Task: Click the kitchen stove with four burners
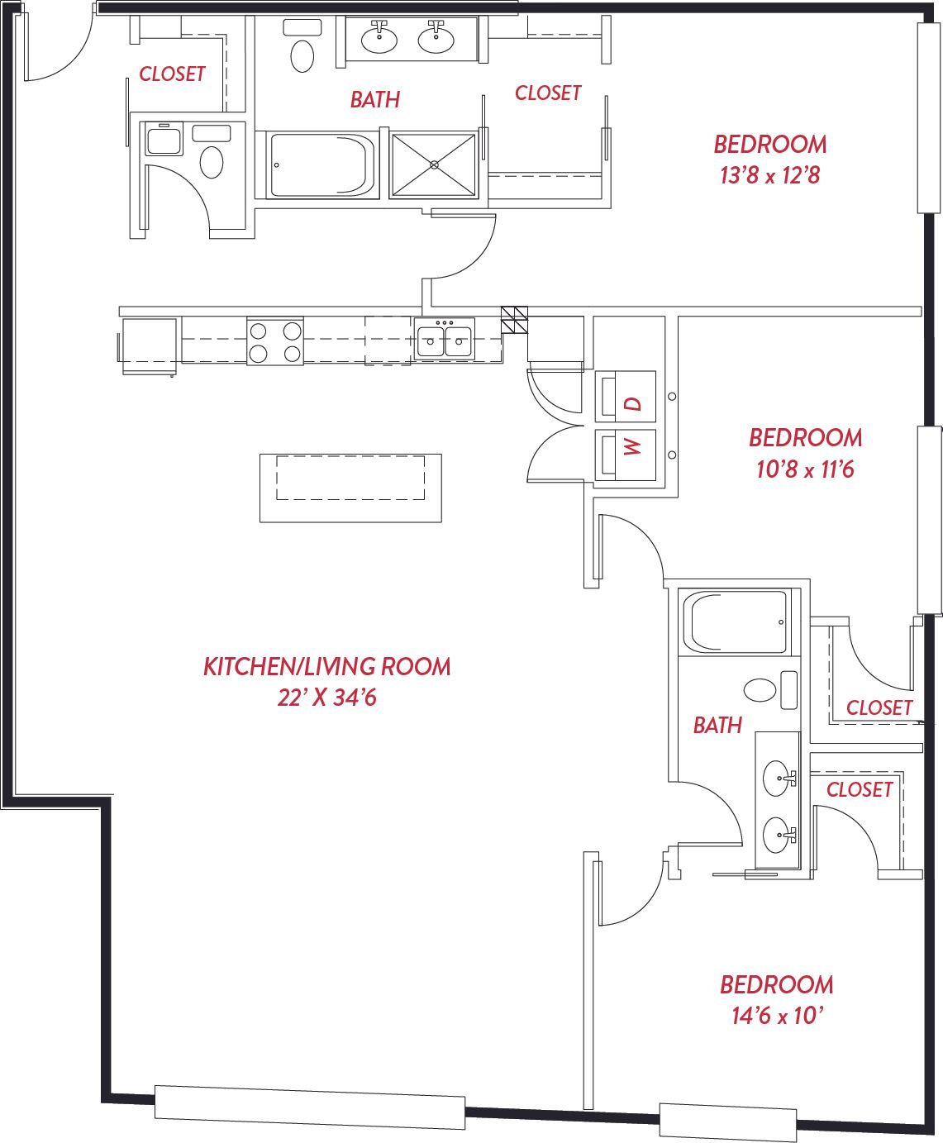(275, 341)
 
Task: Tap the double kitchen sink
(444, 339)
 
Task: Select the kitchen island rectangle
(350, 488)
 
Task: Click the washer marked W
(626, 455)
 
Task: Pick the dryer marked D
(626, 397)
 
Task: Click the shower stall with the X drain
(434, 164)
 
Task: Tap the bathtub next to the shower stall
(322, 164)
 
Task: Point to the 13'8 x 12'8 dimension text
(770, 176)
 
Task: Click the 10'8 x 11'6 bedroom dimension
(805, 469)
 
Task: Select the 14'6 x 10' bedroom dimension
(777, 1016)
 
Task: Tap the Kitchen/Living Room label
(327, 667)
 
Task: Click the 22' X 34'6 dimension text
(327, 698)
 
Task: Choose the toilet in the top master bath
(302, 46)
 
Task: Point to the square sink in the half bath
(164, 139)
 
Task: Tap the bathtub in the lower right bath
(740, 622)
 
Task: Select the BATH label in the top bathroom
(375, 100)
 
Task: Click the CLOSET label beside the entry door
(172, 74)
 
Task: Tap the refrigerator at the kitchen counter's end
(149, 346)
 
